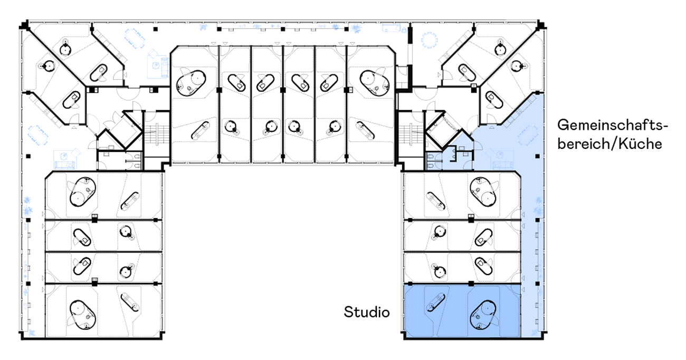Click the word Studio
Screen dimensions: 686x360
point(367,312)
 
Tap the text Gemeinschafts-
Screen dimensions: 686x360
point(613,125)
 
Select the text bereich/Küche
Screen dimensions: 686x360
point(609,144)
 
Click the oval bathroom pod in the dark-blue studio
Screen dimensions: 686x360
point(483,315)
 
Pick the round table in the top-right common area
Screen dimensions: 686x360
point(430,40)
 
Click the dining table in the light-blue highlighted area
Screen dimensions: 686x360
point(528,136)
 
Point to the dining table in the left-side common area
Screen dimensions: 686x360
point(38,135)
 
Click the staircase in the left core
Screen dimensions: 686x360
point(157,134)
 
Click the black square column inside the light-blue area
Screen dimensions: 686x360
point(537,156)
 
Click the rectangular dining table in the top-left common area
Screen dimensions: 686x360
point(134,38)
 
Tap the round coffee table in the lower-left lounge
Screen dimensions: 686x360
point(64,156)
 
